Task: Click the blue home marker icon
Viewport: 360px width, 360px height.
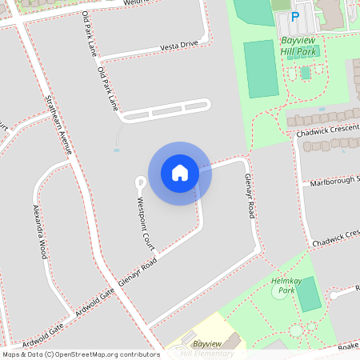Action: point(180,173)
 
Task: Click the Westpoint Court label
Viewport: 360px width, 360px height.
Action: point(146,222)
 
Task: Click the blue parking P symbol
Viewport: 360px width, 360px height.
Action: point(294,16)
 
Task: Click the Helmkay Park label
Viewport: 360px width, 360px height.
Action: point(284,286)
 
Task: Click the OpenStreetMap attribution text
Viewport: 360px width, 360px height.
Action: point(80,354)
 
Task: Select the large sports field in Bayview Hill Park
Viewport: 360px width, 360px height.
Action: point(259,70)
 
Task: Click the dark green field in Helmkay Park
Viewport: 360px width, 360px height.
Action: point(308,294)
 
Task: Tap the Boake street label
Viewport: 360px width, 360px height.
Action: point(348,346)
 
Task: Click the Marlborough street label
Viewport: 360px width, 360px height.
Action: point(334,182)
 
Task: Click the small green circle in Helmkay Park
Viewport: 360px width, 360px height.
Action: point(296,330)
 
